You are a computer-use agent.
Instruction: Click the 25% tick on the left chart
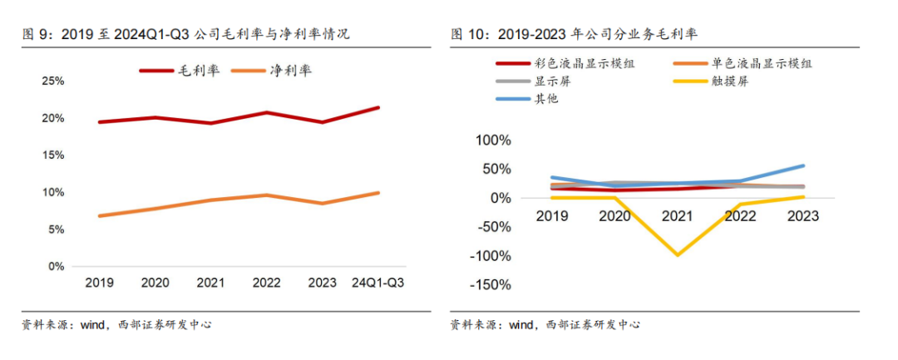pos(53,81)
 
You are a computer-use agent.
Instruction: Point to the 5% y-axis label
pos(57,229)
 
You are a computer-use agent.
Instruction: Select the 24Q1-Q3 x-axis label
pos(379,283)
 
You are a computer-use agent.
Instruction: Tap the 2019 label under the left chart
pos(101,283)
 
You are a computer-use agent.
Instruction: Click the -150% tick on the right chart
pos(490,285)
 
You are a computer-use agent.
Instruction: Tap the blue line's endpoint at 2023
pos(803,165)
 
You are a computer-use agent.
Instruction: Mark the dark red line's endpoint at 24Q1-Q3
pos(379,107)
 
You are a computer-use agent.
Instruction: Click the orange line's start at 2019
pos(101,216)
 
